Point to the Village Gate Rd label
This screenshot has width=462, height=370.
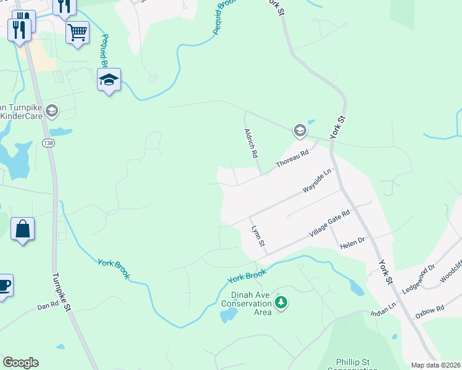[x=329, y=226]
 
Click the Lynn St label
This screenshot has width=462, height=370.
[x=258, y=237]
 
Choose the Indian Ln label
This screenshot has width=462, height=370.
[x=383, y=310]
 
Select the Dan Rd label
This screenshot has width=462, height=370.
[x=47, y=306]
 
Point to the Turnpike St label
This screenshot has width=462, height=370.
[x=62, y=293]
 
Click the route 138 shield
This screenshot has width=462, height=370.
[x=48, y=143]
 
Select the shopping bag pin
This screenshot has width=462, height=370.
[x=22, y=229]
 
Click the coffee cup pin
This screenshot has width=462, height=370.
[x=4, y=286]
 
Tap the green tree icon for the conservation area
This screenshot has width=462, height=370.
[x=282, y=302]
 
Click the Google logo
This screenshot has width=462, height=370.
[x=20, y=363]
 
